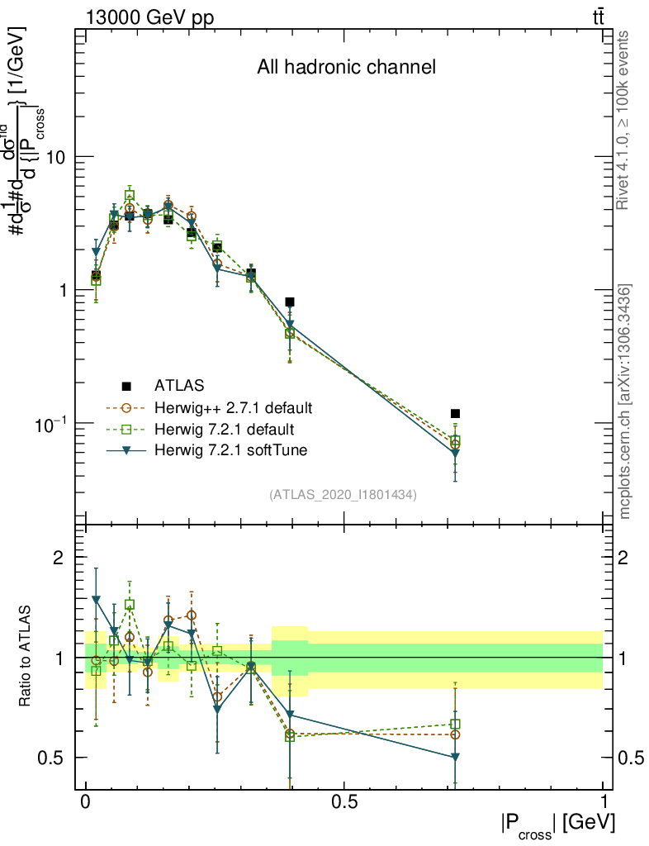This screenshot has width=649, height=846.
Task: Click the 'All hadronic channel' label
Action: tap(346, 67)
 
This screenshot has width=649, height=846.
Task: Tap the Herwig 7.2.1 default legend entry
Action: tap(224, 430)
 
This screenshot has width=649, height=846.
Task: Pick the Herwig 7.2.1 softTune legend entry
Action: tap(229, 451)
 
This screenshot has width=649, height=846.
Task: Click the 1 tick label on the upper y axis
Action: tap(61, 290)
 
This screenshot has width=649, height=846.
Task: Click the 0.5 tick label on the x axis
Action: tap(343, 802)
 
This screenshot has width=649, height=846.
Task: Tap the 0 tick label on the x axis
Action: tap(85, 802)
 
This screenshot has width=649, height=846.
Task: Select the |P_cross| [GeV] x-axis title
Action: tap(557, 825)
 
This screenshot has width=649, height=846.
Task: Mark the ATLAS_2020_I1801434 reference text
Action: tap(343, 495)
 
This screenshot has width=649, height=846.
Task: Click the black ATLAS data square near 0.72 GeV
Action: tap(455, 413)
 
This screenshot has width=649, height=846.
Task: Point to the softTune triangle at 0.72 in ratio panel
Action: tap(455, 757)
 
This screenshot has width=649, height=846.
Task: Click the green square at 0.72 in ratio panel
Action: tap(455, 724)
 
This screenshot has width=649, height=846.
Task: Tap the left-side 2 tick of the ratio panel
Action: tap(59, 558)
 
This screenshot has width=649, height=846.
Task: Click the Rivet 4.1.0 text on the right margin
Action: tap(624, 120)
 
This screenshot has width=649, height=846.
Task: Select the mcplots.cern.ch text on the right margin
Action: tap(624, 402)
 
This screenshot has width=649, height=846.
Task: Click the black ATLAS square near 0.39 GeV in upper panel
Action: tap(290, 302)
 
